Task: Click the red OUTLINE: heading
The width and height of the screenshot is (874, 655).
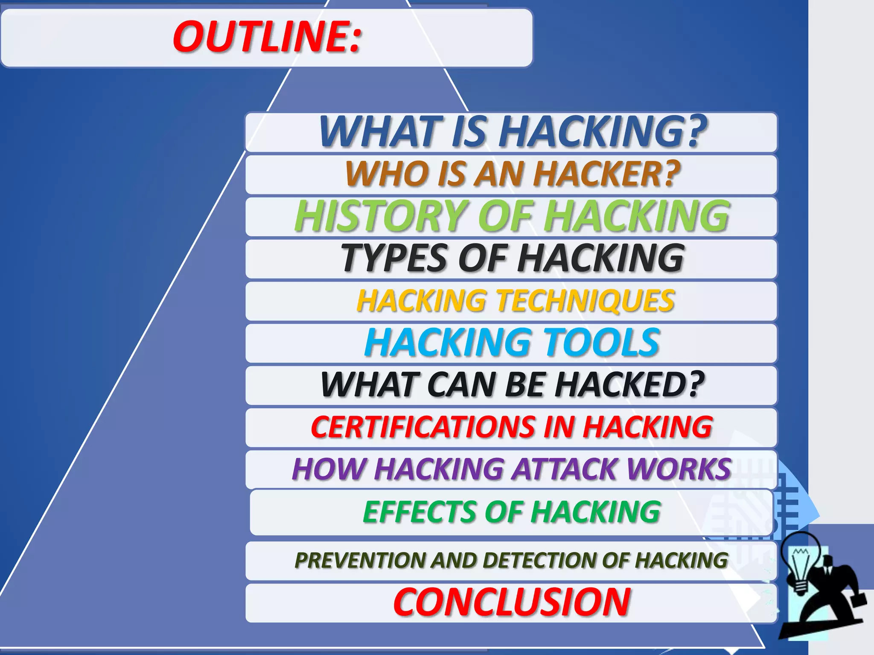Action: (x=267, y=38)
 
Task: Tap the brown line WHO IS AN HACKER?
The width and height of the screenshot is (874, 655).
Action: (x=512, y=174)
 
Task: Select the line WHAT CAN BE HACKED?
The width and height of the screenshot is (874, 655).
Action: (x=512, y=384)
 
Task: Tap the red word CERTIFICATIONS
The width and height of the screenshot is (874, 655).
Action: (x=422, y=427)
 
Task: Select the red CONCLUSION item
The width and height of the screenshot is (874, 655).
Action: (x=511, y=602)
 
